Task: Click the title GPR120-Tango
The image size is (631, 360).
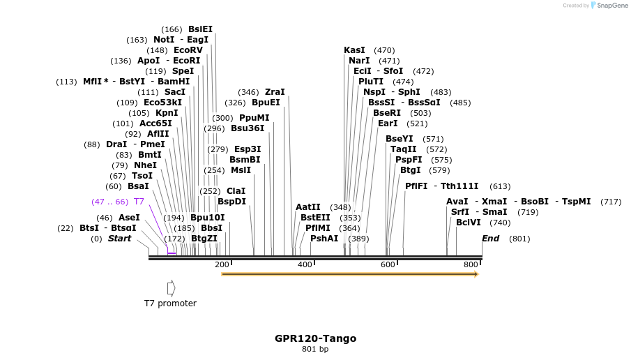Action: (315, 338)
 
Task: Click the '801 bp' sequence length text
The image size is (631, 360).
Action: (315, 350)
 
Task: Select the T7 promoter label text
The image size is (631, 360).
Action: (170, 303)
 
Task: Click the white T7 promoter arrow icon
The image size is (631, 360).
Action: (171, 287)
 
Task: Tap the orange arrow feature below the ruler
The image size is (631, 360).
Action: (349, 275)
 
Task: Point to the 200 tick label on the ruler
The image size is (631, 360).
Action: (222, 264)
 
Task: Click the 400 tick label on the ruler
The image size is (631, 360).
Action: (305, 264)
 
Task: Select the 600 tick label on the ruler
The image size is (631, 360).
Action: (388, 264)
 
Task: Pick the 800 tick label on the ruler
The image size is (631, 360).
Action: (471, 264)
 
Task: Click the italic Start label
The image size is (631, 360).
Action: (119, 239)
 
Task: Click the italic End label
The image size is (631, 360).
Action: (491, 239)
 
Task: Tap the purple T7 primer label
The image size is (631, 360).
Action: (139, 202)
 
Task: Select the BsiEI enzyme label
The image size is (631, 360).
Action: (200, 29)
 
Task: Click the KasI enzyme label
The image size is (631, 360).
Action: (354, 50)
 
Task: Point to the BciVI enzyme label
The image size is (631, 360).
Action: (468, 223)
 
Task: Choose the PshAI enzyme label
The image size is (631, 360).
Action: (324, 239)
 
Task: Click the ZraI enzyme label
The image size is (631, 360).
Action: (275, 92)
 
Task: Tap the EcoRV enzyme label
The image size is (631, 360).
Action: (188, 50)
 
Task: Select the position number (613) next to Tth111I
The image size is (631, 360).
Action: (500, 186)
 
